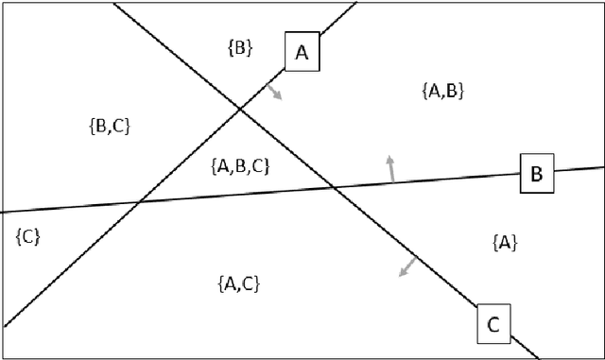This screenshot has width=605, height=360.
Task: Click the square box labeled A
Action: coord(302,53)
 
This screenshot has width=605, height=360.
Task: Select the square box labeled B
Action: coord(536,174)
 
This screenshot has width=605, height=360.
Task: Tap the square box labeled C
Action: coord(493,324)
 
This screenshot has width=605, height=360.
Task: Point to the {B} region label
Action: coord(240,46)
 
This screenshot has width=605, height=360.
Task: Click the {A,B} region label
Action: coord(441,91)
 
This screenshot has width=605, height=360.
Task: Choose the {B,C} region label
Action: coord(108,126)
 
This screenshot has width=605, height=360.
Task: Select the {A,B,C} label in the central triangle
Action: coord(241,166)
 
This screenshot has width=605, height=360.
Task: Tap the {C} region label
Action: coord(27,236)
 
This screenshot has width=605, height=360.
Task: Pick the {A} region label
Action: coord(504,242)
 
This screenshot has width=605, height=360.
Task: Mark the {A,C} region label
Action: coord(238,283)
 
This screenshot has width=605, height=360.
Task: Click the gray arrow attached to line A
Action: coord(273,91)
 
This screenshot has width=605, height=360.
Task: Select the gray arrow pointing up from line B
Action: coord(389,168)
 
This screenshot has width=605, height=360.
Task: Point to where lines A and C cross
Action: coord(241,111)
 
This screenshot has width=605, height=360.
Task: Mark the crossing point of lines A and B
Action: coord(140,201)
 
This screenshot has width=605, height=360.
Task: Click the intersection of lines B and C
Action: coord(332,188)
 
